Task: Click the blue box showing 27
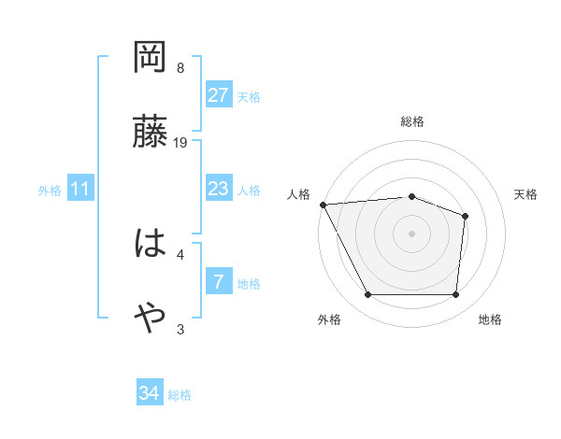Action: point(219,95)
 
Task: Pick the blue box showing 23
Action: point(219,189)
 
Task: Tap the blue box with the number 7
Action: point(219,281)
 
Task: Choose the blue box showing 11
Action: point(80,189)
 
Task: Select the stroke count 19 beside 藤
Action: point(180,143)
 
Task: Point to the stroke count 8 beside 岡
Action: point(180,68)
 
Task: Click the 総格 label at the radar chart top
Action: point(412,121)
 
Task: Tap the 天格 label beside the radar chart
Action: point(526,194)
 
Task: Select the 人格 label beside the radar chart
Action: point(299,194)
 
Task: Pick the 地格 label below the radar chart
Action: point(490,319)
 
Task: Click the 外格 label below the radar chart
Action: point(329,319)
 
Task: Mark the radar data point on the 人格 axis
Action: point(323,205)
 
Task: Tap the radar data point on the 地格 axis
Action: point(455,295)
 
